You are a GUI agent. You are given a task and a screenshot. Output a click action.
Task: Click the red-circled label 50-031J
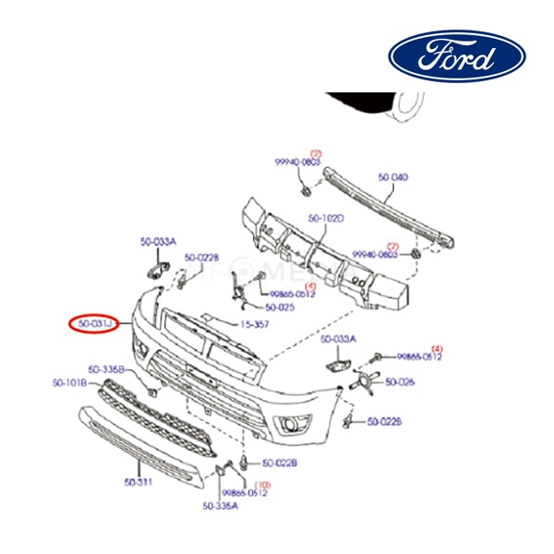[95, 324]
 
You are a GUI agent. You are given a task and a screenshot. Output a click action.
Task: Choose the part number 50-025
[279, 307]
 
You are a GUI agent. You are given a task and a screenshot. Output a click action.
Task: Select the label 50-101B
[70, 382]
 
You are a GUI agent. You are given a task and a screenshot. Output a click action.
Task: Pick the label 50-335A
[221, 505]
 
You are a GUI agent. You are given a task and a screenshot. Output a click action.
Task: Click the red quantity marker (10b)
[262, 484]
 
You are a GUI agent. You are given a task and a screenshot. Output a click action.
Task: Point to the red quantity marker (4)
[437, 347]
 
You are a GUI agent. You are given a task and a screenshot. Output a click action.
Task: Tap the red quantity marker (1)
[311, 287]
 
